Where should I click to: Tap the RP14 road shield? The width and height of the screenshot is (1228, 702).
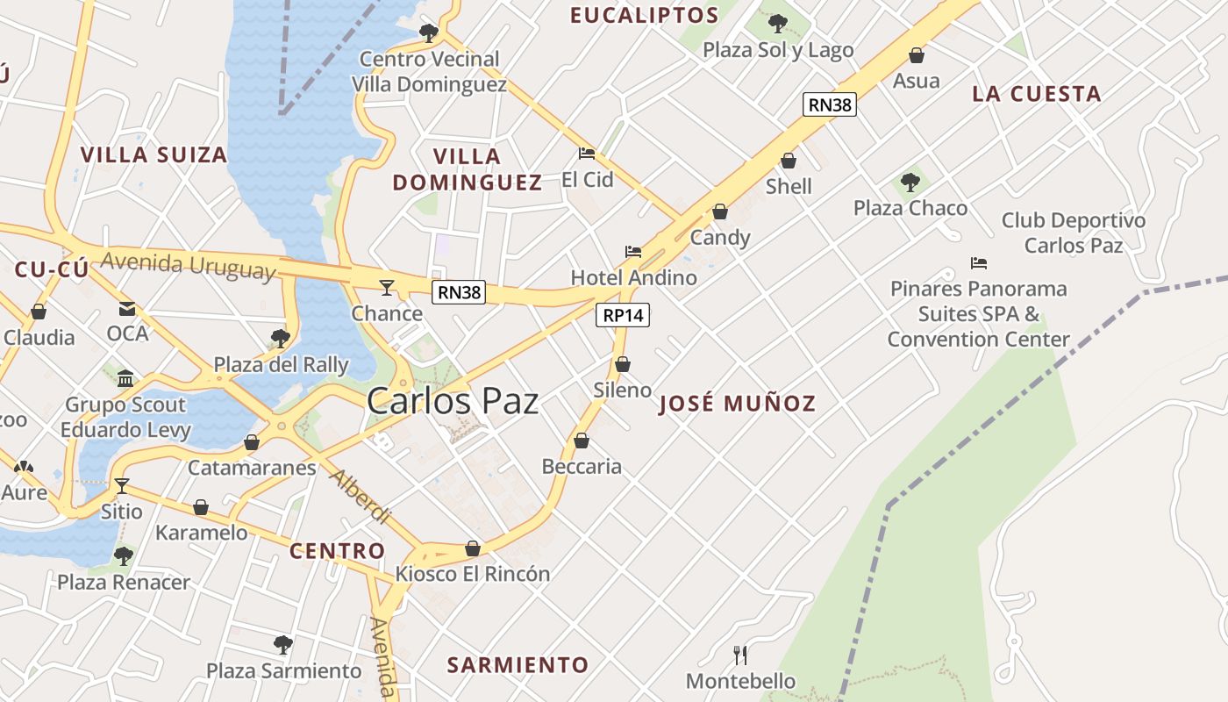click(x=623, y=315)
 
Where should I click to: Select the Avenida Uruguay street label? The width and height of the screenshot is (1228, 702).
click(x=188, y=265)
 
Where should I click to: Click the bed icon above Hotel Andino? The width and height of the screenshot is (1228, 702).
click(x=633, y=252)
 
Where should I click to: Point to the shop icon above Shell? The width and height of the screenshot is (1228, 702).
click(x=789, y=161)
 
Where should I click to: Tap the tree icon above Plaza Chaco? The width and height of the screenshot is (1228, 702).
click(x=910, y=183)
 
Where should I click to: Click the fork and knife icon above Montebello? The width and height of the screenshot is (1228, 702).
click(x=740, y=655)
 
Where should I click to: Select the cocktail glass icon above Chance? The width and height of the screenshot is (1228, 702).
click(x=386, y=287)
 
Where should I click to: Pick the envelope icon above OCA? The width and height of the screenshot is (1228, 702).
click(x=127, y=308)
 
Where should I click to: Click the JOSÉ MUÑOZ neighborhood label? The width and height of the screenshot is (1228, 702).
click(x=737, y=404)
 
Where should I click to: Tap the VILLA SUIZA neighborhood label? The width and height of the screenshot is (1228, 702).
click(x=153, y=155)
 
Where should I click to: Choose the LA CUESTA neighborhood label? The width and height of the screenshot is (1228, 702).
click(x=1036, y=94)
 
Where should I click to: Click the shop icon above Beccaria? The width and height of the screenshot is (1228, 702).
click(x=581, y=441)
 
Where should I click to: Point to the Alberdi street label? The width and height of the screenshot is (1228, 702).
click(x=360, y=496)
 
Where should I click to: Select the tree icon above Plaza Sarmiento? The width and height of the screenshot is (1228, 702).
click(x=282, y=645)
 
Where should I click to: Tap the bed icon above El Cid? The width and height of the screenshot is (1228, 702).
click(x=587, y=154)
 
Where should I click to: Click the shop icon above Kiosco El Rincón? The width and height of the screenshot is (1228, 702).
click(x=473, y=548)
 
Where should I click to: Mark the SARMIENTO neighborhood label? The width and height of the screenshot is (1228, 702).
click(x=518, y=665)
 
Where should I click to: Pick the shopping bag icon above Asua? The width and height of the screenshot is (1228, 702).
click(x=917, y=55)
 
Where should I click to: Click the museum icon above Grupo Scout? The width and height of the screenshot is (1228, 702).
click(x=125, y=378)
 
